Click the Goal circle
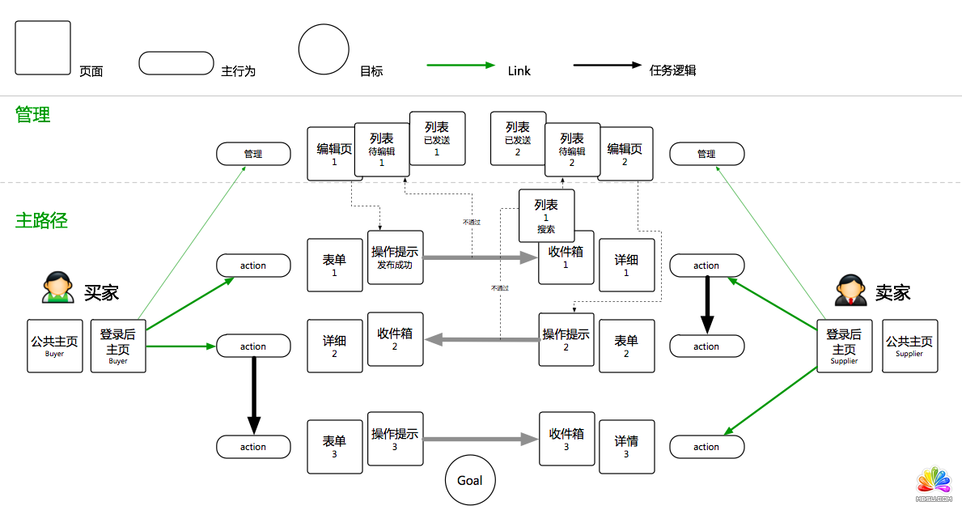[469, 480]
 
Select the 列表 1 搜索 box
[546, 215]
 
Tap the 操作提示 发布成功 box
[395, 257]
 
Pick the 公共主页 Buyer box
[55, 346]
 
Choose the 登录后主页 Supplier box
[844, 346]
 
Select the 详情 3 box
[625, 446]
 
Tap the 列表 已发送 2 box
[518, 138]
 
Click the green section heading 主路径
[41, 219]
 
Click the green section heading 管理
[33, 115]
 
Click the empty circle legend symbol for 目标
[324, 49]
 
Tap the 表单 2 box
[625, 346]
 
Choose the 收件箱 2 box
[395, 338]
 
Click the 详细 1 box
[625, 265]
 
